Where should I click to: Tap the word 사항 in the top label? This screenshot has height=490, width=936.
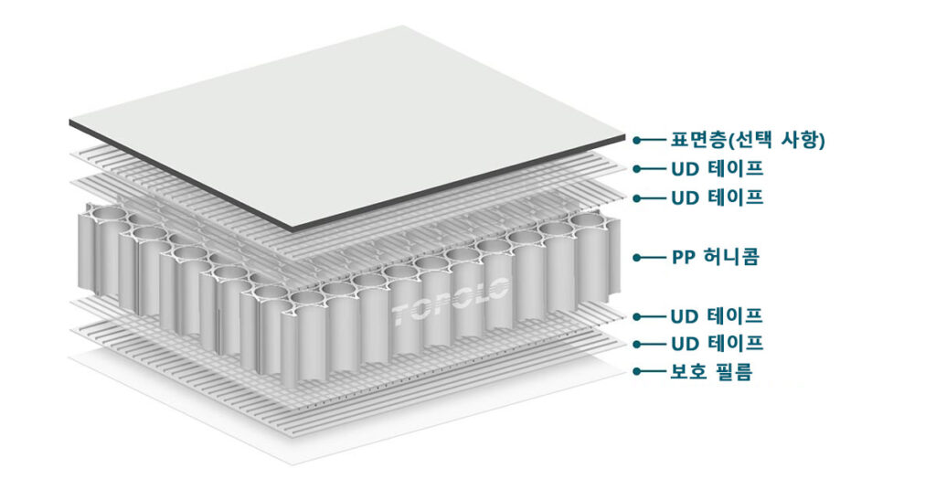tap(799, 140)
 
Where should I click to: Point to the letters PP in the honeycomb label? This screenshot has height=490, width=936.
tap(682, 257)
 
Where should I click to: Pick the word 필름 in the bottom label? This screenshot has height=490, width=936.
tap(734, 372)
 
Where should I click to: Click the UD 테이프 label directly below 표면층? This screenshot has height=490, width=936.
tap(717, 169)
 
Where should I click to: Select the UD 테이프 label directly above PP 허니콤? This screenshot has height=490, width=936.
tap(717, 197)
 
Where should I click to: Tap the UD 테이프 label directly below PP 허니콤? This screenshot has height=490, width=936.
tap(717, 315)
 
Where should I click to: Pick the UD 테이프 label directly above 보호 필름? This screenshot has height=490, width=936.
tap(717, 344)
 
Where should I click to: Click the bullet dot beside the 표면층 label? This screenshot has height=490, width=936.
tap(637, 141)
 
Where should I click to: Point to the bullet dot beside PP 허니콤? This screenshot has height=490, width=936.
tap(637, 258)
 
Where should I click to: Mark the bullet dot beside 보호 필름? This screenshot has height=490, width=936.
tap(637, 372)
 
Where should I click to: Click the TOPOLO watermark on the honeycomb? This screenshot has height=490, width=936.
tap(451, 302)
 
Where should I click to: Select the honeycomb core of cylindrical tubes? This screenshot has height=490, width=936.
tap(349, 286)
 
